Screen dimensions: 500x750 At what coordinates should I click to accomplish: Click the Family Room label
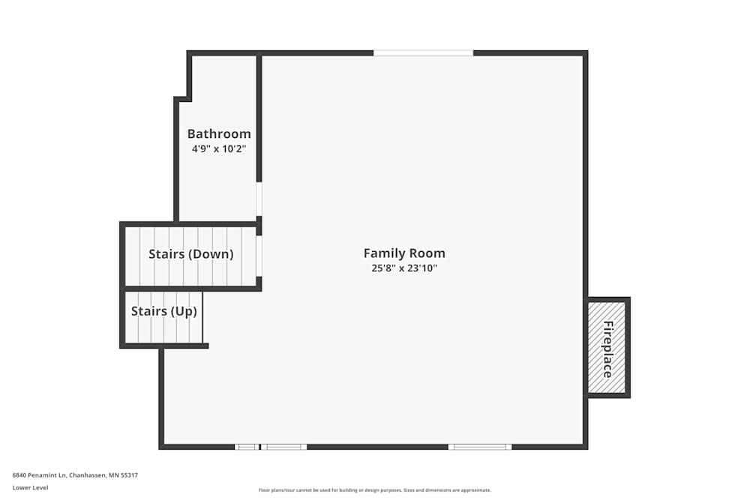tap(404, 253)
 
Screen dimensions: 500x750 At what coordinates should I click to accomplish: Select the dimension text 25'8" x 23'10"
tap(404, 268)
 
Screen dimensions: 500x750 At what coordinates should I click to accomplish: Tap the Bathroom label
tap(219, 134)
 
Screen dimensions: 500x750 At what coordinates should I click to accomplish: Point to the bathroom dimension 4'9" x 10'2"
tap(219, 149)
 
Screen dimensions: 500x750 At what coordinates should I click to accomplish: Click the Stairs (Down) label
tap(190, 254)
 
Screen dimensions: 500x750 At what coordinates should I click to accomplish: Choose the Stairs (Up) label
tap(164, 311)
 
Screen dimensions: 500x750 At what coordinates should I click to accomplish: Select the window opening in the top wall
tap(423, 53)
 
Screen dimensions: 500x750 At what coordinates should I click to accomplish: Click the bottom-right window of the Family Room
tap(480, 447)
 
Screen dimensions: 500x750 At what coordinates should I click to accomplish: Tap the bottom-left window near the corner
tap(246, 447)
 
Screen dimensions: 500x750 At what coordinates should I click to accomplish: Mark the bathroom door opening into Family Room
tap(259, 199)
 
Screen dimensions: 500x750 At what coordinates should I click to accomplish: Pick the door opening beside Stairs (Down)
tap(259, 256)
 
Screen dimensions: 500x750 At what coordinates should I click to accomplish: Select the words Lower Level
tap(30, 487)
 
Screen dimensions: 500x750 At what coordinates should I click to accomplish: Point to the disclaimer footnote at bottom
tap(374, 490)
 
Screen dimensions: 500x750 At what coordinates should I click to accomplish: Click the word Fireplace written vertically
tap(607, 349)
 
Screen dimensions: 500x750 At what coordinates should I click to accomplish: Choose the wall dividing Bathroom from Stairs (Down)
tap(217, 223)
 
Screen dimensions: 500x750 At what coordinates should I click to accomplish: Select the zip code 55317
tap(129, 475)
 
